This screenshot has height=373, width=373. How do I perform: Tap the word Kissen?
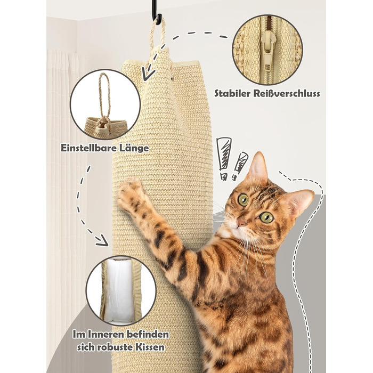(150, 347)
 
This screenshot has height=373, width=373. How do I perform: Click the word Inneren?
(106, 334)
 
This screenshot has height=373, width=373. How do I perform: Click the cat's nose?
(241, 223)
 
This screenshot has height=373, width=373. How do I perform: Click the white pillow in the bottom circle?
(118, 291)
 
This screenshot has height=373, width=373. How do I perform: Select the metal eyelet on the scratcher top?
(172, 78)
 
